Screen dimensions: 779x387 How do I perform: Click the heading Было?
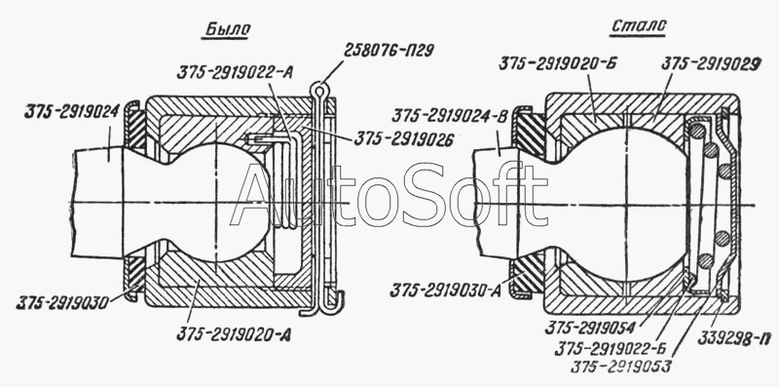point(227,30)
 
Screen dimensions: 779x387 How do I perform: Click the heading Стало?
point(638,26)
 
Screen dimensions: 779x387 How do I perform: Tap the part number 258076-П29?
point(389,50)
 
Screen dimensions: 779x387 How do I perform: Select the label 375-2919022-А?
point(235,73)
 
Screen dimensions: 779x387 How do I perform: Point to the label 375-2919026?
point(404,139)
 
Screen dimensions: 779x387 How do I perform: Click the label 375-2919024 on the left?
point(71,111)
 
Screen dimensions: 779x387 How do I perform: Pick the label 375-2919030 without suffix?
point(62,303)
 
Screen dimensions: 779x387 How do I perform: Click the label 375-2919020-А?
point(234,334)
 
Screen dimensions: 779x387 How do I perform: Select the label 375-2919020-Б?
point(558,64)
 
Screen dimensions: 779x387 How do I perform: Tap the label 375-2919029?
point(712,64)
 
